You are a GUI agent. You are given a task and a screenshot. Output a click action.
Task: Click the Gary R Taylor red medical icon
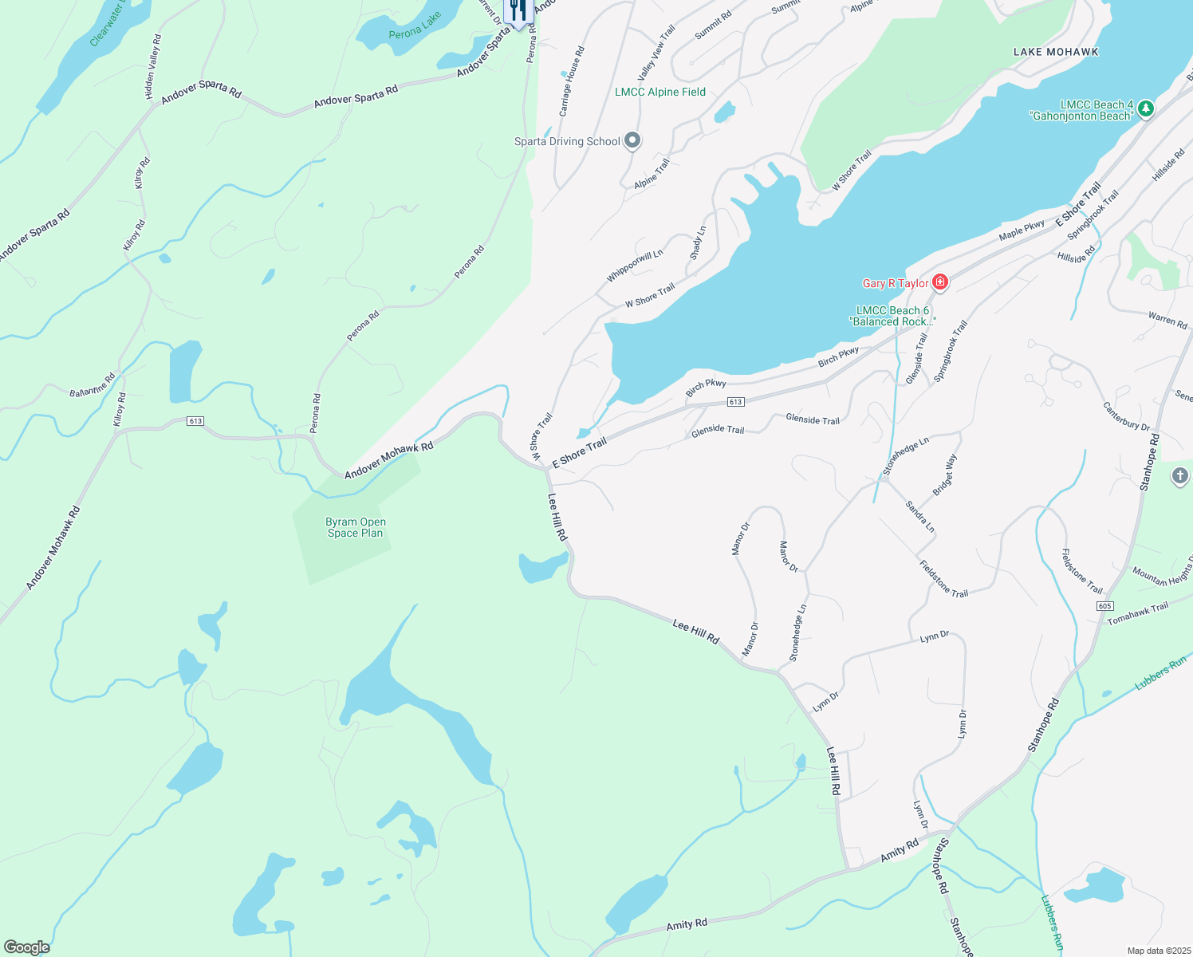[940, 282]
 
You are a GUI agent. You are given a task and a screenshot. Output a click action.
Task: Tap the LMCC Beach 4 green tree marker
[1145, 108]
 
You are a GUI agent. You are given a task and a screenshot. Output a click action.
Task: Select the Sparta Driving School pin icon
[632, 141]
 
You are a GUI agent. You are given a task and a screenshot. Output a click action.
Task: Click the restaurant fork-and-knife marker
[518, 10]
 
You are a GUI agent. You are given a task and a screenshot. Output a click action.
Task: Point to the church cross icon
[1180, 477]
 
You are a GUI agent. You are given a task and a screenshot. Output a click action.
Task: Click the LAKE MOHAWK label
[1056, 52]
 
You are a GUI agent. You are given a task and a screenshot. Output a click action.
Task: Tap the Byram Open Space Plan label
[355, 527]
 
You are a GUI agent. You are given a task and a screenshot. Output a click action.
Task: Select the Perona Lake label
[415, 26]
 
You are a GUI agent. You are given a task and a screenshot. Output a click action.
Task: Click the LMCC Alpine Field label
[659, 92]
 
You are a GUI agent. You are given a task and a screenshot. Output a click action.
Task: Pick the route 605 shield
[1104, 606]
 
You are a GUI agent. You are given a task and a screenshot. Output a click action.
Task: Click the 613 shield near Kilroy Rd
[195, 421]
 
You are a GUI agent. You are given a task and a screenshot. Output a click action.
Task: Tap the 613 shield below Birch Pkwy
[735, 402]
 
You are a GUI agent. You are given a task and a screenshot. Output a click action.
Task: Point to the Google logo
[26, 947]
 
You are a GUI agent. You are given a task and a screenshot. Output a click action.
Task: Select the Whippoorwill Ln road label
[634, 266]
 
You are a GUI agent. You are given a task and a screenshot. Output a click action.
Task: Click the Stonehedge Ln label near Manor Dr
[797, 632]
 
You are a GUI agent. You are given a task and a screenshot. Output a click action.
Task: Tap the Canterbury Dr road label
[1126, 415]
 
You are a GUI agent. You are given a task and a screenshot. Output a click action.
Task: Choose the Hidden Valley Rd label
[152, 67]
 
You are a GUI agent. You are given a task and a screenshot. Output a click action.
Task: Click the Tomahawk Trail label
[1137, 612]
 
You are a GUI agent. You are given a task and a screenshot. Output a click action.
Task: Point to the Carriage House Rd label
[572, 81]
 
